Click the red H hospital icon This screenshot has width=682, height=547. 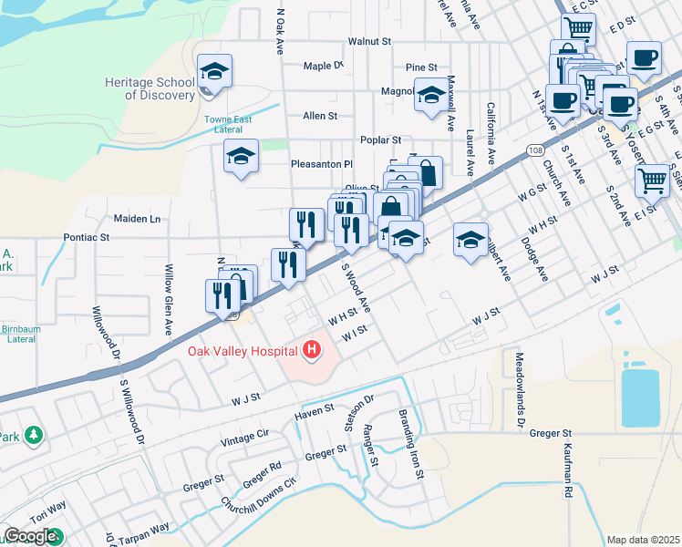coord(312,349)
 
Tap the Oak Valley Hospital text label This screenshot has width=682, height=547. coord(243,351)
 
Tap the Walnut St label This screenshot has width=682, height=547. coord(369,42)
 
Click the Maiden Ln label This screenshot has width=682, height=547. coord(137,219)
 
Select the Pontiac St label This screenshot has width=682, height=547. coord(87,237)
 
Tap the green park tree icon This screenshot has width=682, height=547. coord(34,436)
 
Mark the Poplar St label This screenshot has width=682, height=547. coord(381,140)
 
